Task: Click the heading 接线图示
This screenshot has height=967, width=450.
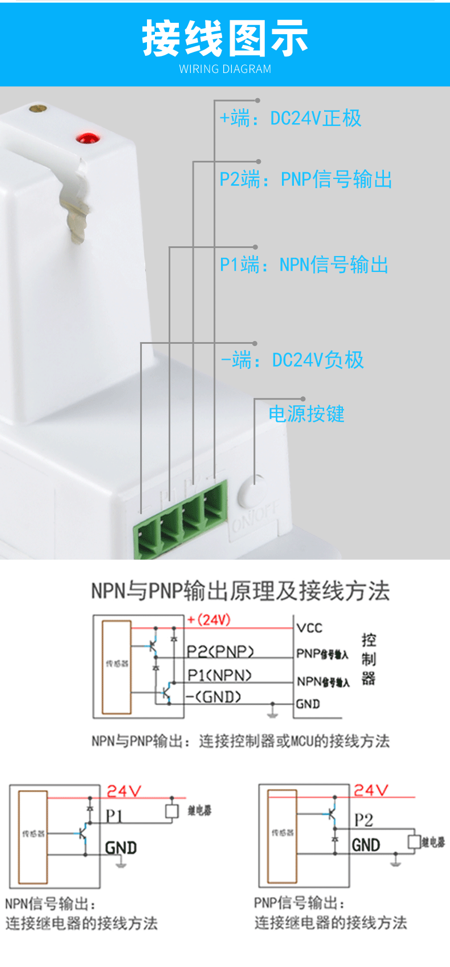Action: point(225,39)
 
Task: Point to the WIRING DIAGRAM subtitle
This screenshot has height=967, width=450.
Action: point(225,69)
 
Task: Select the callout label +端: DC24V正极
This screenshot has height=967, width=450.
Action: point(291,119)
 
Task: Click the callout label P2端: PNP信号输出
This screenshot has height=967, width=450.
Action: point(306,180)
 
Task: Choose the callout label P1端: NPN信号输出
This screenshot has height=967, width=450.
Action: point(304,265)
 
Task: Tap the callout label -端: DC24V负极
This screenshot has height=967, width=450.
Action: point(292,360)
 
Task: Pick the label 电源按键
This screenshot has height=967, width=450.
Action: point(306,414)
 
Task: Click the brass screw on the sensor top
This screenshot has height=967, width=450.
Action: point(38,107)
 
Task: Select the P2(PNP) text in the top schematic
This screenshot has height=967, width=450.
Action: point(220,651)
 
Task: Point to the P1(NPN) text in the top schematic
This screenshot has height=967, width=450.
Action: point(219,675)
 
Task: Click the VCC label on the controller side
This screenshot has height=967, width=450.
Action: point(309,628)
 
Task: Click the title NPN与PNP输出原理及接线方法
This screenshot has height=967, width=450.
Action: point(240,591)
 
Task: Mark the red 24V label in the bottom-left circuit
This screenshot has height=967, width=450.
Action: point(124,791)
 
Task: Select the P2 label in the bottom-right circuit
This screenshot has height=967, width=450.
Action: point(363,820)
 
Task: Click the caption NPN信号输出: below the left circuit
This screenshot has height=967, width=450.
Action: point(50,904)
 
